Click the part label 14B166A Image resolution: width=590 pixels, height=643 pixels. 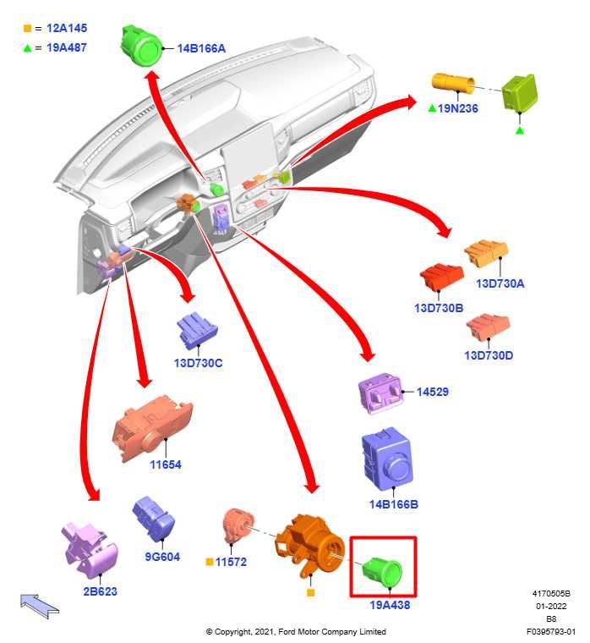click(201, 48)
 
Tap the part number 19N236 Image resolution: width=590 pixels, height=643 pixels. click(458, 108)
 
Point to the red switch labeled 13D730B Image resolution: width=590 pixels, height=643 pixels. click(442, 280)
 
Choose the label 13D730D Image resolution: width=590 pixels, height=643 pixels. click(489, 355)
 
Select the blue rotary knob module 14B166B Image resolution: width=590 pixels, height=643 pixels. click(386, 462)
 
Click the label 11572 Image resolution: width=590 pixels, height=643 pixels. click(231, 562)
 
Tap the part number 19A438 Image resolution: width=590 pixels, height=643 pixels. click(390, 605)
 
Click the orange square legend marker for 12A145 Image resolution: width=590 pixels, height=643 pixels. click(27, 29)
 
